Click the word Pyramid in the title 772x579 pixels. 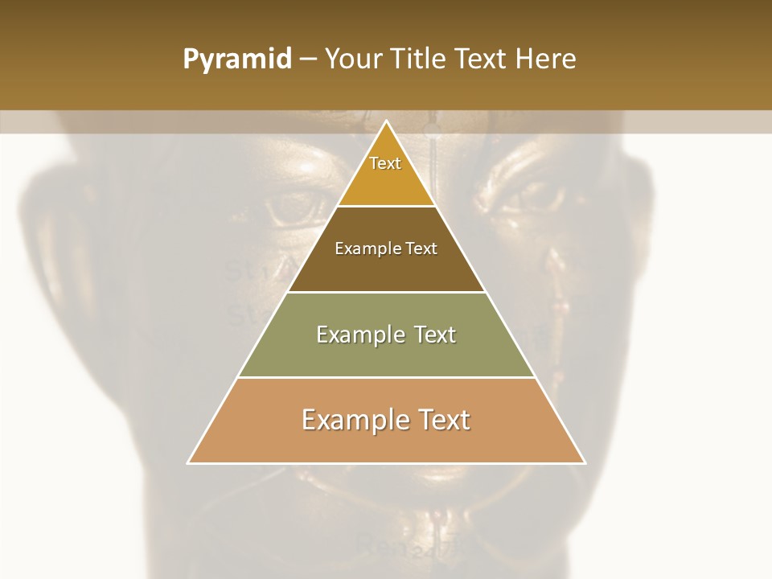(x=237, y=60)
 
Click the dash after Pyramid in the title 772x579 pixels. (x=308, y=60)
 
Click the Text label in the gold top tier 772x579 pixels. (x=385, y=163)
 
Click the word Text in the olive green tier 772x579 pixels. (x=434, y=335)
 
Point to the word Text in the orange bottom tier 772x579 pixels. (x=441, y=420)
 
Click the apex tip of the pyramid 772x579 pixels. (x=387, y=121)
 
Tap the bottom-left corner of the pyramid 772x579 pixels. (x=187, y=463)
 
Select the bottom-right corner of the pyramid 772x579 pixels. (x=585, y=463)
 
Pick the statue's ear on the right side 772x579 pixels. (x=643, y=233)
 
